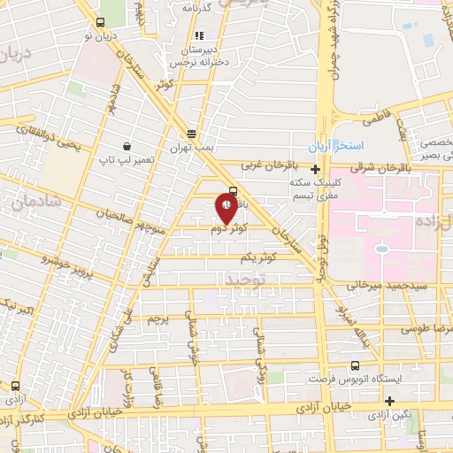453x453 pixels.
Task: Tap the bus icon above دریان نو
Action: [x=98, y=22]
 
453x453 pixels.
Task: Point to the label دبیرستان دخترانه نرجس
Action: [x=194, y=56]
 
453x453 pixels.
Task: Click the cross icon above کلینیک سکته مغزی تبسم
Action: [x=315, y=169]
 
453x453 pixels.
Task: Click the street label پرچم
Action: [x=157, y=317]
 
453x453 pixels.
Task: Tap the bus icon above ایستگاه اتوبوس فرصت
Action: [x=355, y=365]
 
